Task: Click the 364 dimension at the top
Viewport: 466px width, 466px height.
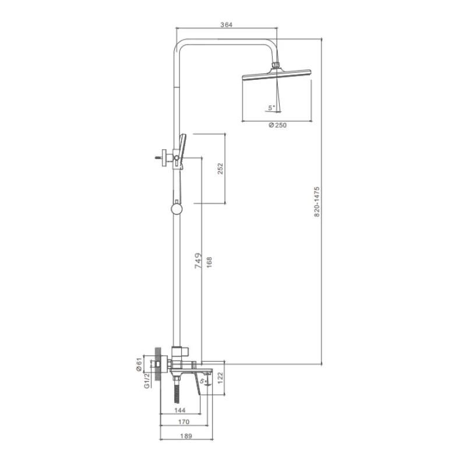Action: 226,24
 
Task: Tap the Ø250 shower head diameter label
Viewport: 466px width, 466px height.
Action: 278,125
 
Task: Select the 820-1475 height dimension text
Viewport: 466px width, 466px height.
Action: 317,202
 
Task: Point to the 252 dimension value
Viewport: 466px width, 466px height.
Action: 220,168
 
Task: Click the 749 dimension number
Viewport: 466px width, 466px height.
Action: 198,260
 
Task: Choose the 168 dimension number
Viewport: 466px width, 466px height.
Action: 209,263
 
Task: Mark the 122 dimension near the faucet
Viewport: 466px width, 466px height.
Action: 220,378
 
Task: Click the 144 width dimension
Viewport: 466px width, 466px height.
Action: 180,411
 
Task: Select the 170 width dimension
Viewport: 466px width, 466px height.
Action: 183,422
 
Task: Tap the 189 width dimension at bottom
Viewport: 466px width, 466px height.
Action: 186,436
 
